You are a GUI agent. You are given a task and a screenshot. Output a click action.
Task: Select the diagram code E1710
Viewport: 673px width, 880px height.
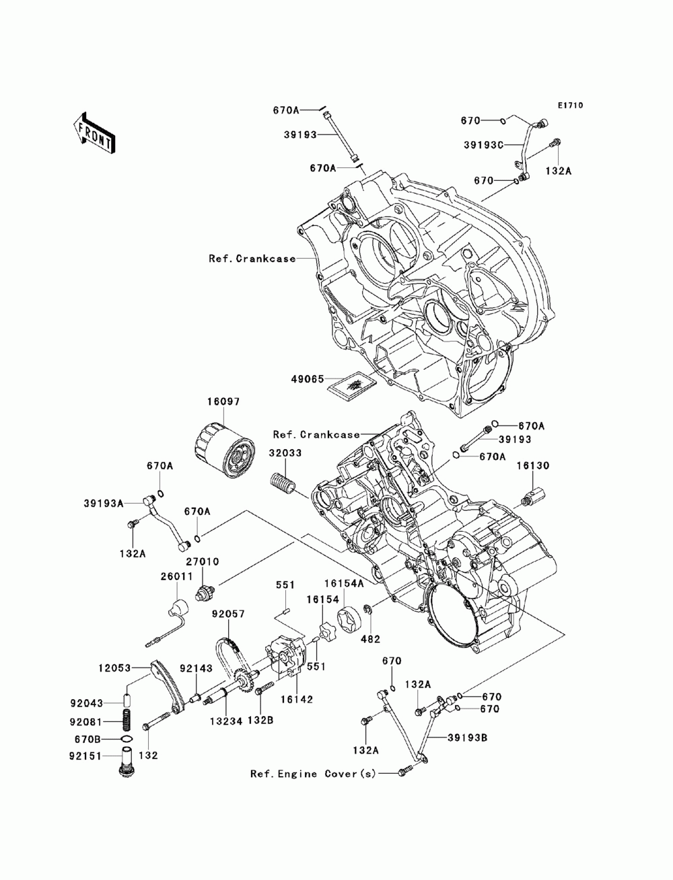[x=569, y=106]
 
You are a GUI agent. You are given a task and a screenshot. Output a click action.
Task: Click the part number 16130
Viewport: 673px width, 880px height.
[x=532, y=465]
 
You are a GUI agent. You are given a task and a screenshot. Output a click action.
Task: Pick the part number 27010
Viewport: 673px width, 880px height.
[x=203, y=561]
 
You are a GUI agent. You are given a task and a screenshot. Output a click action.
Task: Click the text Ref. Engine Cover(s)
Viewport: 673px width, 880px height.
[x=313, y=774]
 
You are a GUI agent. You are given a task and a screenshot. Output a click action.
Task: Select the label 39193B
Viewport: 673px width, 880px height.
[x=466, y=737]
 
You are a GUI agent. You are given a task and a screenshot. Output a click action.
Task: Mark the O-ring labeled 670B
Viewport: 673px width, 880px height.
[x=126, y=740]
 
